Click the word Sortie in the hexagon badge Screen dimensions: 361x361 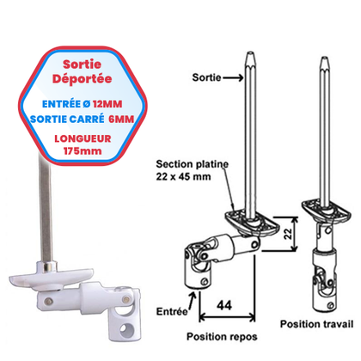pos(82,64)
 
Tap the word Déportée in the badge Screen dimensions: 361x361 pos(82,78)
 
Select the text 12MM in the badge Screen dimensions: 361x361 pos(107,104)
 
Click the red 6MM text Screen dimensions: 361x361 pos(121,119)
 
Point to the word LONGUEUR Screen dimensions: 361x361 pos(83,138)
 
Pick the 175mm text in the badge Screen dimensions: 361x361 pos(83,151)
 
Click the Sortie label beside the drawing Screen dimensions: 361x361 pos(206,77)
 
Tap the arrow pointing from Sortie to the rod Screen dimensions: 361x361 pos(233,77)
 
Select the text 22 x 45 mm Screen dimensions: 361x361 pos(183,176)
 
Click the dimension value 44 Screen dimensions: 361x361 pos(224,305)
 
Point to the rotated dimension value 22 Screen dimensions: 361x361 pos(289,234)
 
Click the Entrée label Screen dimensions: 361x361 pos(172,311)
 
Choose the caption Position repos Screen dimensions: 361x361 pos(222,336)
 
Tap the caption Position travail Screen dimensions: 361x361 pos(316,324)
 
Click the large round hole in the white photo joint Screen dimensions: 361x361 pos(126,329)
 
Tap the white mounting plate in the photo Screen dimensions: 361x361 pos(52,278)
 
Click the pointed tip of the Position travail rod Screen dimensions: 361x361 pos(324,58)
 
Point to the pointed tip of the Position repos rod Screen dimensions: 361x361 pos(250,53)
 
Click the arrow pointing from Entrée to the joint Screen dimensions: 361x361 pos(193,301)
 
